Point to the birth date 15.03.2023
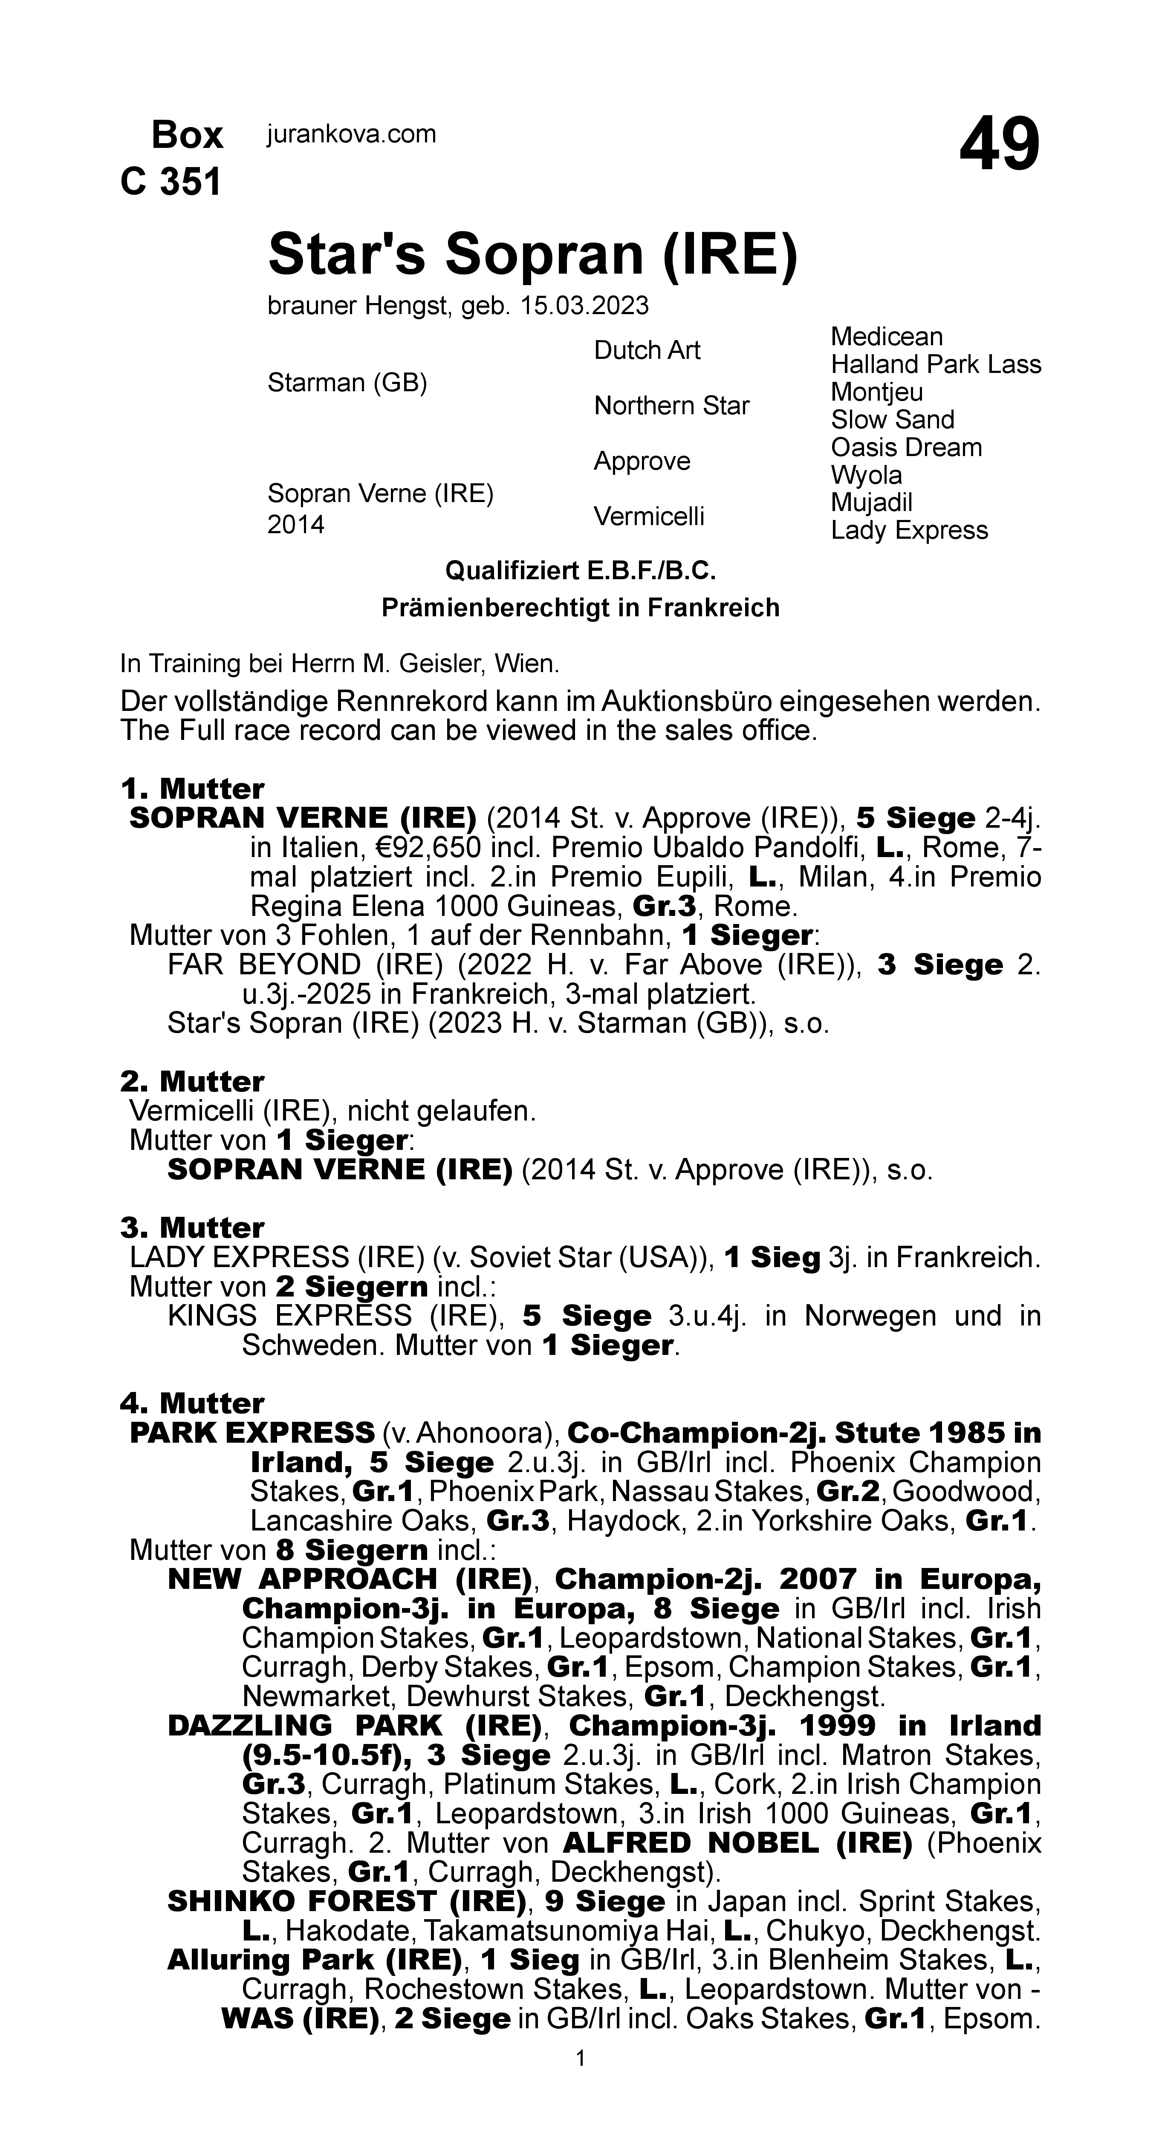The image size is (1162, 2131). pyautogui.click(x=584, y=306)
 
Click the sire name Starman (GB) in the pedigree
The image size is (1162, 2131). pyautogui.click(x=347, y=383)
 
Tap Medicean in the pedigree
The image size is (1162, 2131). pyautogui.click(x=886, y=337)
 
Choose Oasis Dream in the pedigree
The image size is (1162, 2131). pyautogui.click(x=906, y=448)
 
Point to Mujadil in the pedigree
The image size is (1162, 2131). pyautogui.click(x=871, y=503)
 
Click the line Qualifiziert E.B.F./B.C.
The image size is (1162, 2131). pyautogui.click(x=580, y=571)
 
